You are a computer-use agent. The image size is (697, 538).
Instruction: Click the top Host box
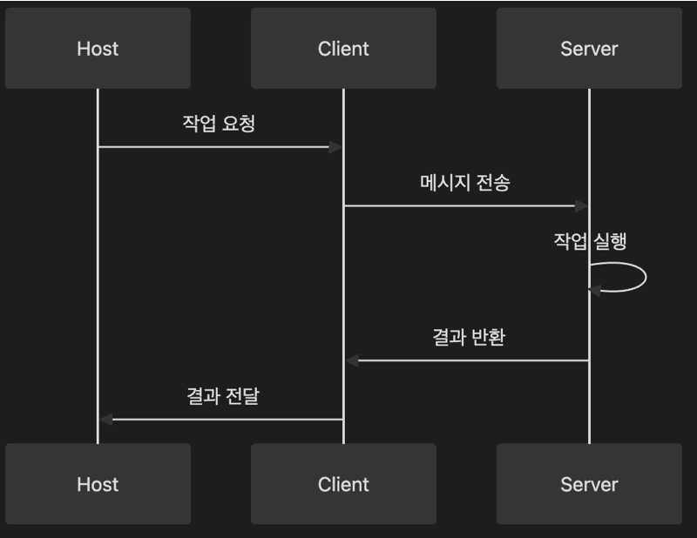98,48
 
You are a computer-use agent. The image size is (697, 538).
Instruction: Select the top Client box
343,48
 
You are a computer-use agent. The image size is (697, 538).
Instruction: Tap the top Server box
589,48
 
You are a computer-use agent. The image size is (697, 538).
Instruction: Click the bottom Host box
98,484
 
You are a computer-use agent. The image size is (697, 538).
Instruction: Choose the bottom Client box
343,484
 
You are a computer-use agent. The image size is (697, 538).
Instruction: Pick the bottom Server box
589,484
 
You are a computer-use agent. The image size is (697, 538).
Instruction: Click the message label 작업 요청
219,123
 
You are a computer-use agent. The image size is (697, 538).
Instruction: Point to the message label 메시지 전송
465,182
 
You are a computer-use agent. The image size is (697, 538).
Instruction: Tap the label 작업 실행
590,241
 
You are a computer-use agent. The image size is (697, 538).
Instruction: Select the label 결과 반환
468,337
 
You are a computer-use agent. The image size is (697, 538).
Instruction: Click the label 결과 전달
223,396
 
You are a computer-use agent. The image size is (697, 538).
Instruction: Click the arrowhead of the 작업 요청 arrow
336,147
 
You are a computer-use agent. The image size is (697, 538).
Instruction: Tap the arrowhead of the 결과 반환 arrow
351,360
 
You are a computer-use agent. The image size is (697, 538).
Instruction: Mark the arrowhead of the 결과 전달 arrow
105,420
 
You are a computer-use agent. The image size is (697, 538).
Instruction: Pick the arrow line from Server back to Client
470,360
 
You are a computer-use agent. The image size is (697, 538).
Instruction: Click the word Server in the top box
589,48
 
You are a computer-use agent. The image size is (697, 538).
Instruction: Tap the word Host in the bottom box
98,484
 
